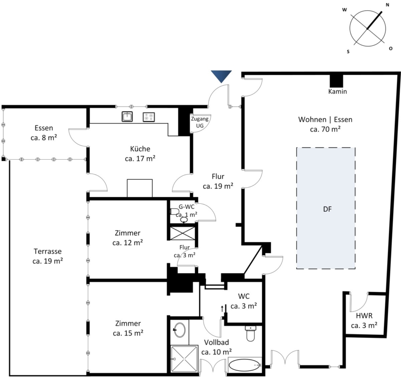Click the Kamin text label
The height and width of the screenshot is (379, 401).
[338, 91]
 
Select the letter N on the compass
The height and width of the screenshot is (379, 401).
[388, 4]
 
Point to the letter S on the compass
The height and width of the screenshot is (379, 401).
[348, 52]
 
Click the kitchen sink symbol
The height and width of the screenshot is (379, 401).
[127, 117]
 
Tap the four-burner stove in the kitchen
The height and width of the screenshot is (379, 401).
[148, 117]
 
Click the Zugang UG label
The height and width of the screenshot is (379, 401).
[200, 122]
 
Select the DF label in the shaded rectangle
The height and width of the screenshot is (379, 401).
[327, 209]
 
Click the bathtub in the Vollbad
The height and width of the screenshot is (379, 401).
[245, 365]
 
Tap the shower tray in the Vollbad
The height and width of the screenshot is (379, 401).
[184, 359]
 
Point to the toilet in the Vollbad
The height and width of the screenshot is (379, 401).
[250, 333]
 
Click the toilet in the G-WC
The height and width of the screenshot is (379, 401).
[175, 212]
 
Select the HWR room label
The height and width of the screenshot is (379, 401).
[364, 316]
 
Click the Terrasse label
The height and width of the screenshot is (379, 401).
[48, 251]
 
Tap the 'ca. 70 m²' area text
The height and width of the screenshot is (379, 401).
[325, 129]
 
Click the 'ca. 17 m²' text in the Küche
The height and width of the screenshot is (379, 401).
[140, 159]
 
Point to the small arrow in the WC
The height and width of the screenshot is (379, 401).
[222, 309]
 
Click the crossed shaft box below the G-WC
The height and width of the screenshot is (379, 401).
[183, 233]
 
